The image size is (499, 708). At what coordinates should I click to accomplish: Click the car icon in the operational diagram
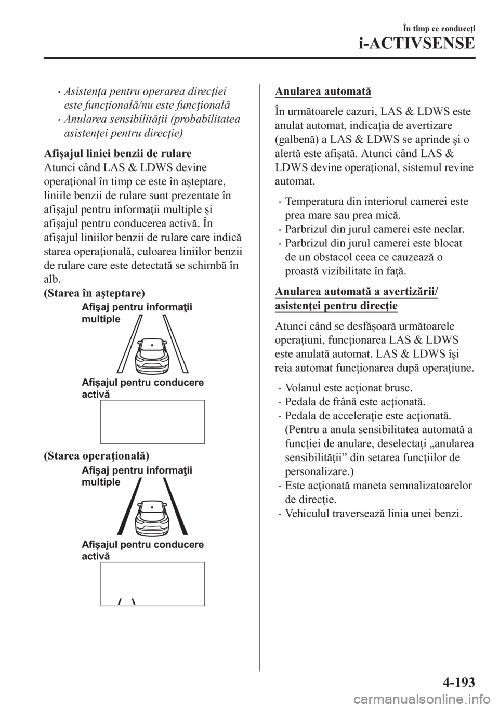pyautogui.click(x=150, y=516)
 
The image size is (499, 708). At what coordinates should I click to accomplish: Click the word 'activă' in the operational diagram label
pyautogui.click(x=96, y=556)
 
